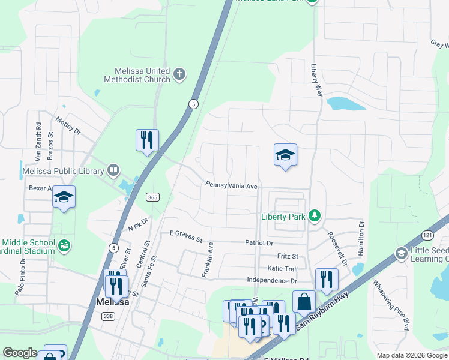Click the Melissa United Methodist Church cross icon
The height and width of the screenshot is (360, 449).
pyautogui.click(x=179, y=75)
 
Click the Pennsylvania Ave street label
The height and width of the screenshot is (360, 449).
pyautogui.click(x=231, y=185)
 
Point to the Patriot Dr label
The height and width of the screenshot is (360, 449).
pyautogui.click(x=259, y=243)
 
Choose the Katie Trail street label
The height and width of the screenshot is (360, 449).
pyautogui.click(x=283, y=269)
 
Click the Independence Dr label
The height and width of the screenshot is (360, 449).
pyautogui.click(x=272, y=280)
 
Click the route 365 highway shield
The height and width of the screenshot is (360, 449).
pyautogui.click(x=152, y=197)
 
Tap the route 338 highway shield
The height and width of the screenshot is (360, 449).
pyautogui.click(x=107, y=316)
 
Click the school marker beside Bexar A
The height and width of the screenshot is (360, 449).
pyautogui.click(x=64, y=197)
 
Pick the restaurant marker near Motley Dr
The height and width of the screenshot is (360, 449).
pyautogui.click(x=147, y=140)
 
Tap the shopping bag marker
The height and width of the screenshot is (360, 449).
pyautogui.click(x=304, y=301)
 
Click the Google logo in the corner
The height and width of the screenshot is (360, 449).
pyautogui.click(x=20, y=353)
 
